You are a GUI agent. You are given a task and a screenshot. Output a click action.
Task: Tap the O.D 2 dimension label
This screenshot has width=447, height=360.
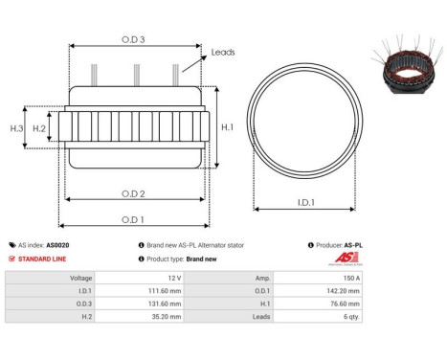click(x=133, y=192)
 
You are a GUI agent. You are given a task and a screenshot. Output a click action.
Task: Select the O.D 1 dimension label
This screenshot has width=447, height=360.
click(x=133, y=218)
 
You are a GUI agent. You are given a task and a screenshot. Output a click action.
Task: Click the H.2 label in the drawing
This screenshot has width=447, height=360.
click(x=40, y=127)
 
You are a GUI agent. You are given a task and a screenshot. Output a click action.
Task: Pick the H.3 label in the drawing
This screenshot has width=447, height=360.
click(x=16, y=127)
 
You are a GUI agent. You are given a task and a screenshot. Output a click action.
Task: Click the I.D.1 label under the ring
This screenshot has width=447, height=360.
click(x=306, y=202)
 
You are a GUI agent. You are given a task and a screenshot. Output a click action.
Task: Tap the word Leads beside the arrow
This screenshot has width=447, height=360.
click(x=222, y=53)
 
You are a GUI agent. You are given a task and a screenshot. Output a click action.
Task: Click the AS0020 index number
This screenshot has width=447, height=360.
click(x=57, y=245)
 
